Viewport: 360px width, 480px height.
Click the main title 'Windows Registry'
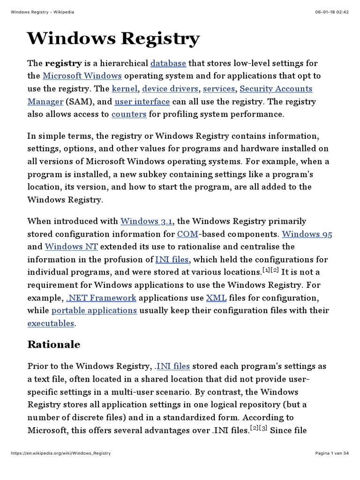113,38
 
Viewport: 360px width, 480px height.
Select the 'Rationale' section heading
53,345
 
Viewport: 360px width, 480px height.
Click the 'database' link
168,63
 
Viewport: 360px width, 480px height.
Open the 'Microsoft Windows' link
82,76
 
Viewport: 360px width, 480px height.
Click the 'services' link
219,89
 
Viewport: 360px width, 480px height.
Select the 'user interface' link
142,102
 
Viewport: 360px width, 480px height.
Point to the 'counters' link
129,114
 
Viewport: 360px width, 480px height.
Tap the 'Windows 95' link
307,234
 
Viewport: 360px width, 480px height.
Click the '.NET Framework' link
101,298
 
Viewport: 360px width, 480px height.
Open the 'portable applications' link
94,310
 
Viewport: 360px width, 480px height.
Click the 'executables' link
51,323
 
